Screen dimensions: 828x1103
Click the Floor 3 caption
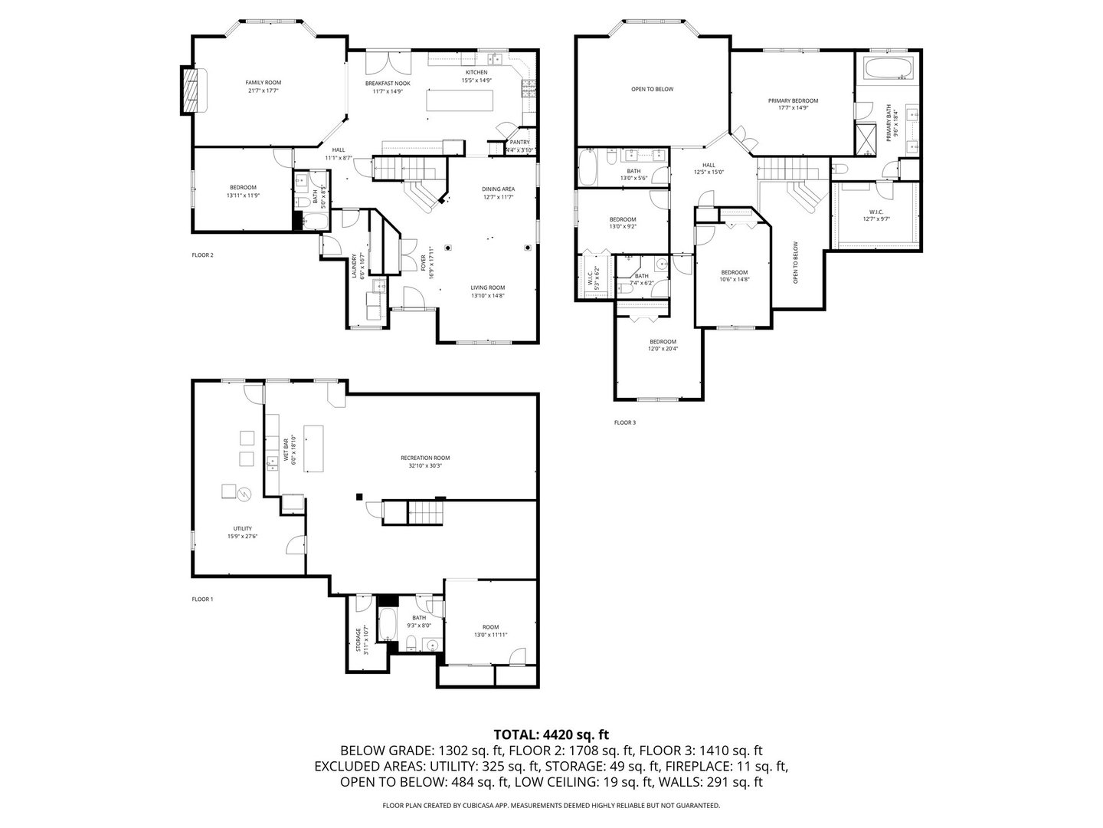[x=624, y=422]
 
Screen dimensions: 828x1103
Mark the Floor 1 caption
[x=202, y=599]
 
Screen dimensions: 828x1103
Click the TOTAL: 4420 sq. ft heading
[x=551, y=734]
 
